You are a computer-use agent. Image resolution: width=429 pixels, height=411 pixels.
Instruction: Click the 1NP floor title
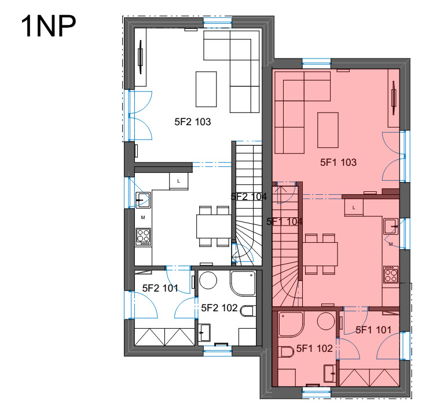[49, 26]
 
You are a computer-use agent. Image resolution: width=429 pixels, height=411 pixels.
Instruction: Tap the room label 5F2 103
[193, 122]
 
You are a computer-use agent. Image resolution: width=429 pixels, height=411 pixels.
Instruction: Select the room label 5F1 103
[339, 162]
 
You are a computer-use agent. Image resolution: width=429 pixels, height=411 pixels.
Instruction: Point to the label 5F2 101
[160, 288]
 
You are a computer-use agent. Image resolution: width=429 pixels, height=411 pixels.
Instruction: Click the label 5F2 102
[219, 308]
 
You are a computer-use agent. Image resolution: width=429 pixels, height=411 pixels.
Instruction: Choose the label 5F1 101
[373, 330]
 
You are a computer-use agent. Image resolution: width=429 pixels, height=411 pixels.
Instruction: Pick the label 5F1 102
[314, 348]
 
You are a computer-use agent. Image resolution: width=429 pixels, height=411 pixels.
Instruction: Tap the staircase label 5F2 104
[249, 197]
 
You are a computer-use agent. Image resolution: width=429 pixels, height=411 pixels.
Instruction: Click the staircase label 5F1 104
[284, 221]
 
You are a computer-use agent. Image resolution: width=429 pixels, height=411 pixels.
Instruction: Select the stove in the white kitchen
[143, 237]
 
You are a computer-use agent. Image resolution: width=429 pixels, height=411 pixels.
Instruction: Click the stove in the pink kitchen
[391, 274]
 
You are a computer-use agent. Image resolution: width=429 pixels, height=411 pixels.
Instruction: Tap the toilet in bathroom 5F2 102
[247, 311]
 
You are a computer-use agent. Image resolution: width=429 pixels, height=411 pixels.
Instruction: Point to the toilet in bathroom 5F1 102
[287, 352]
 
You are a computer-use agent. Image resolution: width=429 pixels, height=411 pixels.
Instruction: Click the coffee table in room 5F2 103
[206, 89]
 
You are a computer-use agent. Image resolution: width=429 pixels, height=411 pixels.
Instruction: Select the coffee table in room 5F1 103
[328, 130]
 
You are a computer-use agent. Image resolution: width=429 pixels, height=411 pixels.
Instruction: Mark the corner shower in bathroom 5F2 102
[243, 283]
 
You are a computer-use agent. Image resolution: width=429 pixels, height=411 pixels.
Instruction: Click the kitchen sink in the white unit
[143, 200]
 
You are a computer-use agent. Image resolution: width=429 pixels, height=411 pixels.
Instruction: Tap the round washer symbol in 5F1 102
[326, 321]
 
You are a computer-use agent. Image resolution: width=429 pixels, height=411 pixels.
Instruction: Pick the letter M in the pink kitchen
[390, 244]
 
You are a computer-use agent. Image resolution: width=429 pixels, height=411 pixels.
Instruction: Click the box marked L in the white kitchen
[179, 181]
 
